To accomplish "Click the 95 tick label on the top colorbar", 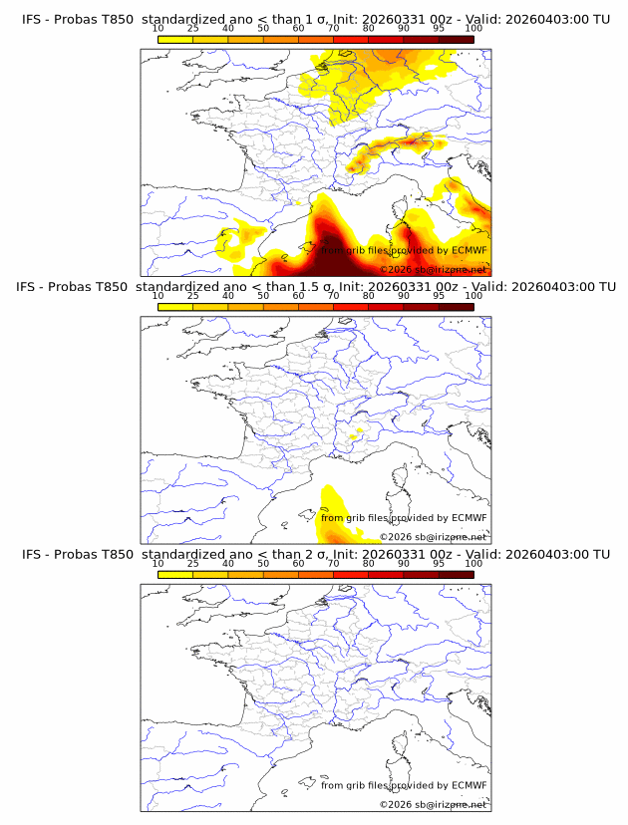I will pos(439,28).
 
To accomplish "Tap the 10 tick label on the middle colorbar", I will pos(158,296).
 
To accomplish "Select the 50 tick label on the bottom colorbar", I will pos(263,563).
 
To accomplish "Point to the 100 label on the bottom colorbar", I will pos(473,563).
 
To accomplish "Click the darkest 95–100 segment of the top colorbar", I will pos(456,39).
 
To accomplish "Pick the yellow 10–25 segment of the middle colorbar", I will pos(175,307).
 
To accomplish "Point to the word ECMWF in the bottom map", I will pos(469,785).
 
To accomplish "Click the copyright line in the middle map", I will pos(434,537).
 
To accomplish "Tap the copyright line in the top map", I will pos(434,270).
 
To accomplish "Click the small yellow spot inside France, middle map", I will pos(357,433).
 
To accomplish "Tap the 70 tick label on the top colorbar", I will pos(333,28).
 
